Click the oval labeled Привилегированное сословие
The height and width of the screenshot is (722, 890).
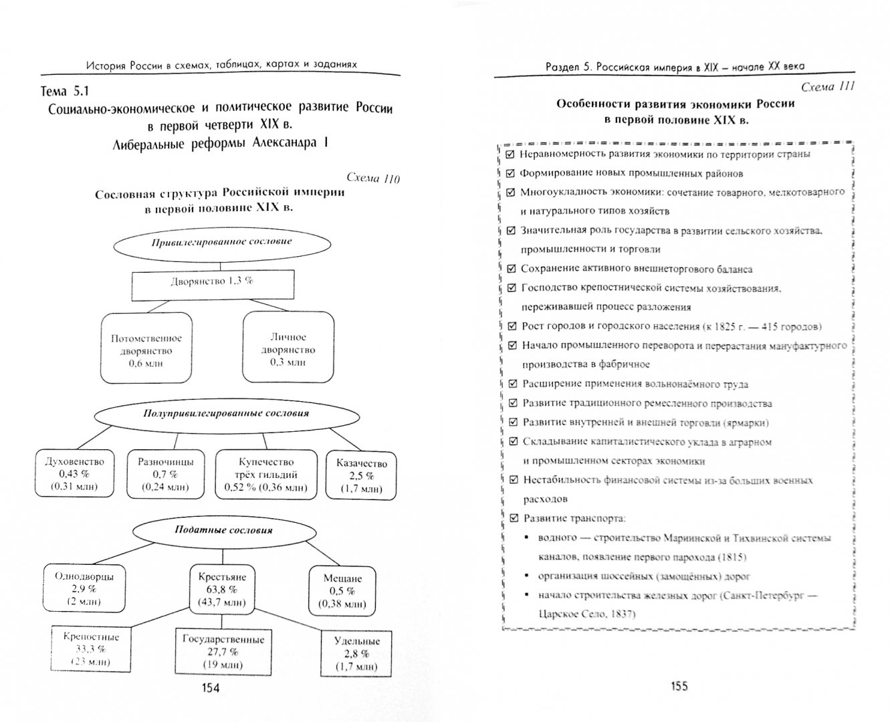tap(221, 241)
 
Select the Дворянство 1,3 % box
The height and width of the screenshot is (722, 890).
tap(211, 281)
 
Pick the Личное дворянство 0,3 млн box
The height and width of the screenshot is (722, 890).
tap(288, 349)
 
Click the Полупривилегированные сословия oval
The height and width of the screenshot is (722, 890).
tap(225, 413)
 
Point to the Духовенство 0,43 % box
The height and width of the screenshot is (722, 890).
tap(74, 473)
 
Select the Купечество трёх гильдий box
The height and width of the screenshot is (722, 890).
tap(266, 474)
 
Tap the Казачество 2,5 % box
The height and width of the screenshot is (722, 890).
tap(361, 475)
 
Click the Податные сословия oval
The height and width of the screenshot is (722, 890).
tap(223, 529)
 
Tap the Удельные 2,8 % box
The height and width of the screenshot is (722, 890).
tap(356, 653)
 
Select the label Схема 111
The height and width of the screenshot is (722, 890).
tap(828, 87)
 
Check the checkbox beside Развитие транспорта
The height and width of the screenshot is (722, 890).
tap(513, 518)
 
